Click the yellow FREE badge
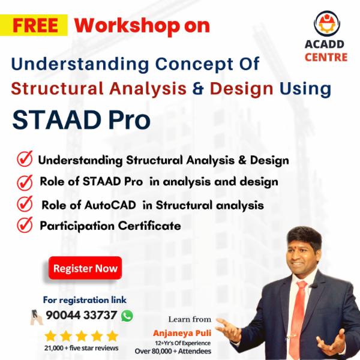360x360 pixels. click(35, 25)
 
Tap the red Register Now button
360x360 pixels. click(85, 268)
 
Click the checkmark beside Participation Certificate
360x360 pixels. click(25, 226)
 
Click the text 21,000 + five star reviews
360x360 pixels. click(82, 348)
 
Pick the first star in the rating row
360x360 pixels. click(52, 335)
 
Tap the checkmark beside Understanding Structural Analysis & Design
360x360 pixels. click(25, 160)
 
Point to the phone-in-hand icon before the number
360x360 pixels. click(37, 316)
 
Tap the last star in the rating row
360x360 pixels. click(112, 335)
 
